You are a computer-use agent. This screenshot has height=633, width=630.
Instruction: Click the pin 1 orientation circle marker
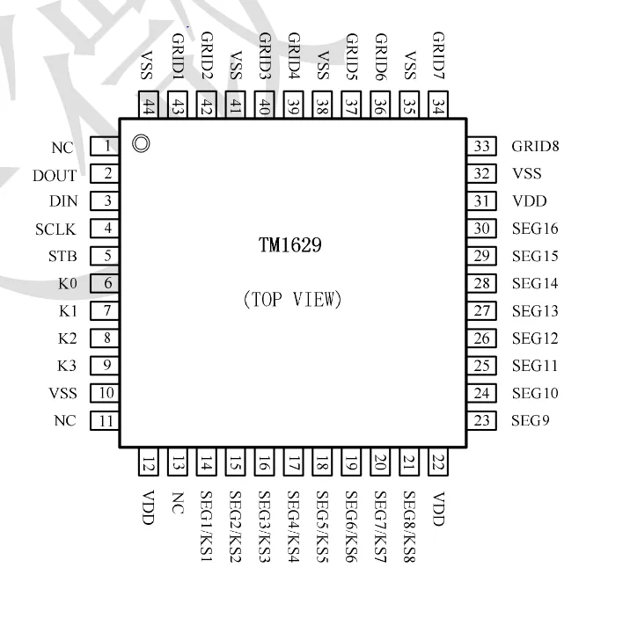pyautogui.click(x=140, y=143)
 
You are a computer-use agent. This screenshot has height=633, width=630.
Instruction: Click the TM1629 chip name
pyautogui.click(x=289, y=246)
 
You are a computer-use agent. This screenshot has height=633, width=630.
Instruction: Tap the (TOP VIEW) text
pyautogui.click(x=292, y=300)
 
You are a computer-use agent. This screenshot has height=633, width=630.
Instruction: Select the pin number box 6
pyautogui.click(x=106, y=284)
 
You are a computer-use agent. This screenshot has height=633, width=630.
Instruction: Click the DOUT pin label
pyautogui.click(x=55, y=176)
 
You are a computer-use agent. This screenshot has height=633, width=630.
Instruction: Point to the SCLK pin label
pyautogui.click(x=55, y=229)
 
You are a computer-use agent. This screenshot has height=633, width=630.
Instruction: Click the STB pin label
pyautogui.click(x=62, y=257)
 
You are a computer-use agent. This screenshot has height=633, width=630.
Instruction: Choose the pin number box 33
pyautogui.click(x=480, y=147)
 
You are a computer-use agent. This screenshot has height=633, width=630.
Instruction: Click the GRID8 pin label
pyautogui.click(x=535, y=147)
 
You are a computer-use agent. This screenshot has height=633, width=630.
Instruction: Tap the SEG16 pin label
pyautogui.click(x=535, y=229)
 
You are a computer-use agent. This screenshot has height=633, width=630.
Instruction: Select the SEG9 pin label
pyautogui.click(x=531, y=421)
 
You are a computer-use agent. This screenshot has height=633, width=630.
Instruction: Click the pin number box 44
pyautogui.click(x=148, y=105)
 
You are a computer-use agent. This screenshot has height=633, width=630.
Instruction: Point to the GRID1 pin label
pyautogui.click(x=177, y=55)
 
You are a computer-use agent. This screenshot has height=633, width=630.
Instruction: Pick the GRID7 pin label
pyautogui.click(x=438, y=55)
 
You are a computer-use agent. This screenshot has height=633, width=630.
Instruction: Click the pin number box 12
pyautogui.click(x=148, y=462)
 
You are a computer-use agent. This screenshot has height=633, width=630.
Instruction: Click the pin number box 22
pyautogui.click(x=437, y=462)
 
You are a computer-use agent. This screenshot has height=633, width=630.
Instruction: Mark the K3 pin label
pyautogui.click(x=67, y=367)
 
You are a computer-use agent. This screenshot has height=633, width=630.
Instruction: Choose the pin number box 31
pyautogui.click(x=480, y=201)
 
